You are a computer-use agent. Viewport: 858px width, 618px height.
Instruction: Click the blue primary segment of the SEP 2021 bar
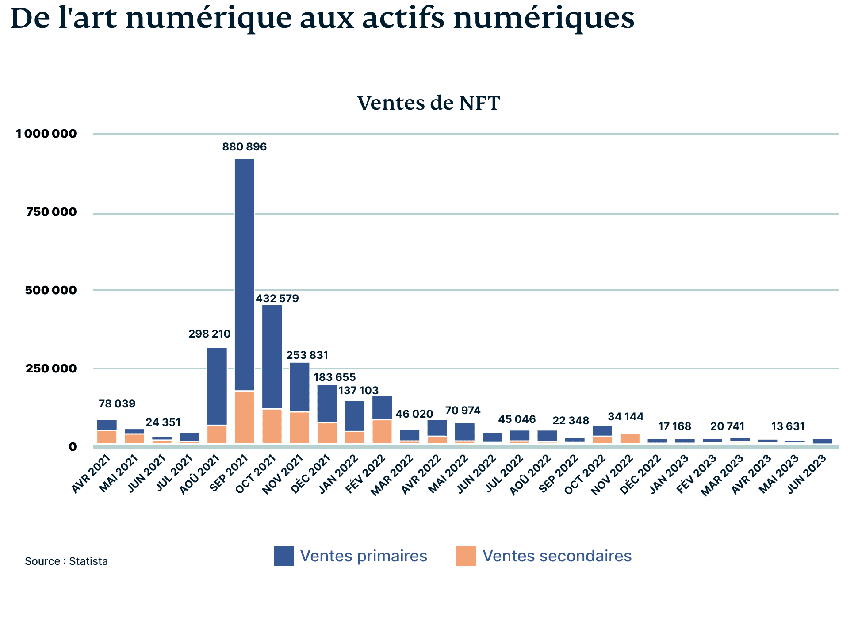click(x=245, y=274)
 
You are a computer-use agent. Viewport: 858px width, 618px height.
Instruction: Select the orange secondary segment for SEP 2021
click(x=245, y=417)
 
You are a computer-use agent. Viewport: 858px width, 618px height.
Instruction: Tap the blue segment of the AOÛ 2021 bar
click(x=217, y=386)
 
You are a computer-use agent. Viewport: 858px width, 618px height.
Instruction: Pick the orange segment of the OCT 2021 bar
click(x=272, y=426)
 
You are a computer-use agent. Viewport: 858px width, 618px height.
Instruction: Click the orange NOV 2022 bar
click(x=630, y=438)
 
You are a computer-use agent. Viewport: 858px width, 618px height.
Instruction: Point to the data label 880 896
click(x=245, y=147)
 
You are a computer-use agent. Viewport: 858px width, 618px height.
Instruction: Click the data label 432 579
click(x=277, y=299)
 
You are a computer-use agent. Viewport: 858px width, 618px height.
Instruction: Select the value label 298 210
click(x=209, y=334)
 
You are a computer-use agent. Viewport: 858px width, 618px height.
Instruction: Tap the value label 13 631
click(x=788, y=426)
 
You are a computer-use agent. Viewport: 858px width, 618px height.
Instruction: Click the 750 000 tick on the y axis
click(x=51, y=212)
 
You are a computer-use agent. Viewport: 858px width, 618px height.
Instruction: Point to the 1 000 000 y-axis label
click(x=46, y=134)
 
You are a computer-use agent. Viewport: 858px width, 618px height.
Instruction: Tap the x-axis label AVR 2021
click(x=92, y=474)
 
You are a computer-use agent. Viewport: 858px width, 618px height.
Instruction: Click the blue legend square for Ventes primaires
click(x=283, y=556)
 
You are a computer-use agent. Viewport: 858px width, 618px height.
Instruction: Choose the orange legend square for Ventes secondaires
click(x=466, y=556)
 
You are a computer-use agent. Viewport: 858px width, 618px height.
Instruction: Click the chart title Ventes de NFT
click(x=428, y=103)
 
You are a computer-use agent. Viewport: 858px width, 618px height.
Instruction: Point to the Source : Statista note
click(x=66, y=561)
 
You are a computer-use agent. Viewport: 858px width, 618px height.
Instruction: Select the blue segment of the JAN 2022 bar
click(x=355, y=416)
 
